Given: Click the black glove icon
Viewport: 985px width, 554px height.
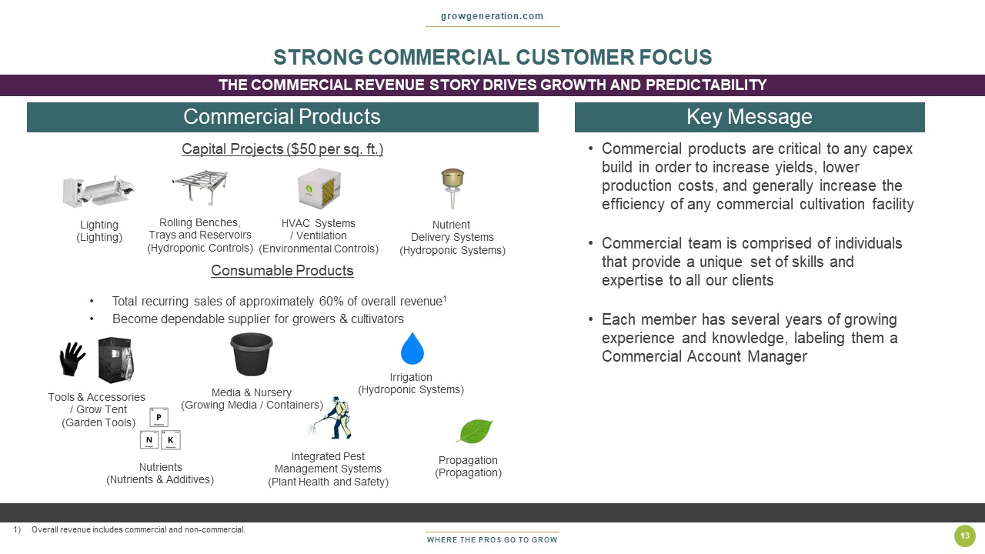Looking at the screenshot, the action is [x=72, y=359].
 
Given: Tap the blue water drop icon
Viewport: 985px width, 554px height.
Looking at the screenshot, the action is [x=412, y=349].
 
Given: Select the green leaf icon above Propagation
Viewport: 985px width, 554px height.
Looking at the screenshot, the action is [x=475, y=431].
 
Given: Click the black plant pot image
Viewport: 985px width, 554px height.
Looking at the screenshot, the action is [x=252, y=354].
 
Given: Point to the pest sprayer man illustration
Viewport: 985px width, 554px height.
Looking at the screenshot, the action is [x=330, y=418].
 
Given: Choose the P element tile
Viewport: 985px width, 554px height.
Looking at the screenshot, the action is [x=159, y=417].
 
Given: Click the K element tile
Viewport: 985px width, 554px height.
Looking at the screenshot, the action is [x=171, y=439].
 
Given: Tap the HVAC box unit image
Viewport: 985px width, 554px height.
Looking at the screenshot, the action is [x=319, y=189].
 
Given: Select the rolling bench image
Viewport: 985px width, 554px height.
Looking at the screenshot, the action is [x=201, y=186].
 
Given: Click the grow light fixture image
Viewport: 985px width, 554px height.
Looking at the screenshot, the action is [x=98, y=192].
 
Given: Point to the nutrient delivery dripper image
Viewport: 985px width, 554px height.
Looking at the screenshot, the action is [x=452, y=189].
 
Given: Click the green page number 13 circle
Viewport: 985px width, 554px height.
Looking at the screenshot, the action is [x=965, y=536].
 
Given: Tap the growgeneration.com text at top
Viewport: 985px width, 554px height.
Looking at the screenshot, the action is [x=492, y=16].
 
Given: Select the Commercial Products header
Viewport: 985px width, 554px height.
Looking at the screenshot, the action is [x=282, y=117].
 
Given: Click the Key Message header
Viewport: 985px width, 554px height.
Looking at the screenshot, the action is [x=750, y=117].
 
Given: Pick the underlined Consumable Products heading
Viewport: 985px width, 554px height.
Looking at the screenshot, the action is [x=282, y=270].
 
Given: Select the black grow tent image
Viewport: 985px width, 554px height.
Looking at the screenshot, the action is [x=115, y=359].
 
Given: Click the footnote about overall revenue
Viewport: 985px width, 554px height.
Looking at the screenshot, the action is [x=129, y=530].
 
